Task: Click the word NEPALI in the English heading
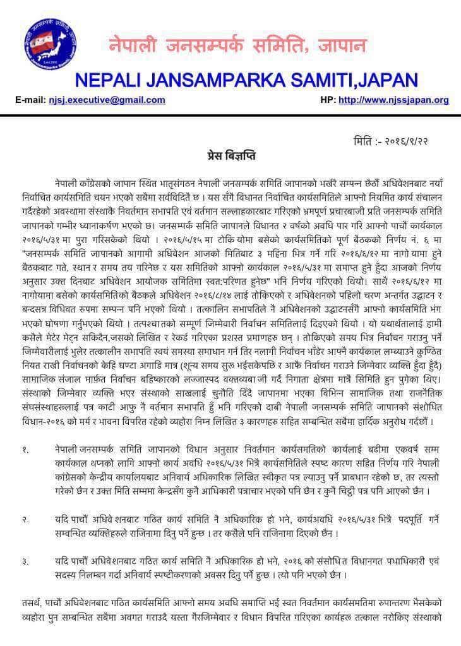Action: [x=111, y=80]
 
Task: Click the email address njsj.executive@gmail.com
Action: [x=107, y=100]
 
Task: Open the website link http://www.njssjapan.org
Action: [x=393, y=100]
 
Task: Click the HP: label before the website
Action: [x=328, y=100]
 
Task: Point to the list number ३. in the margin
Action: [x=26, y=561]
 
